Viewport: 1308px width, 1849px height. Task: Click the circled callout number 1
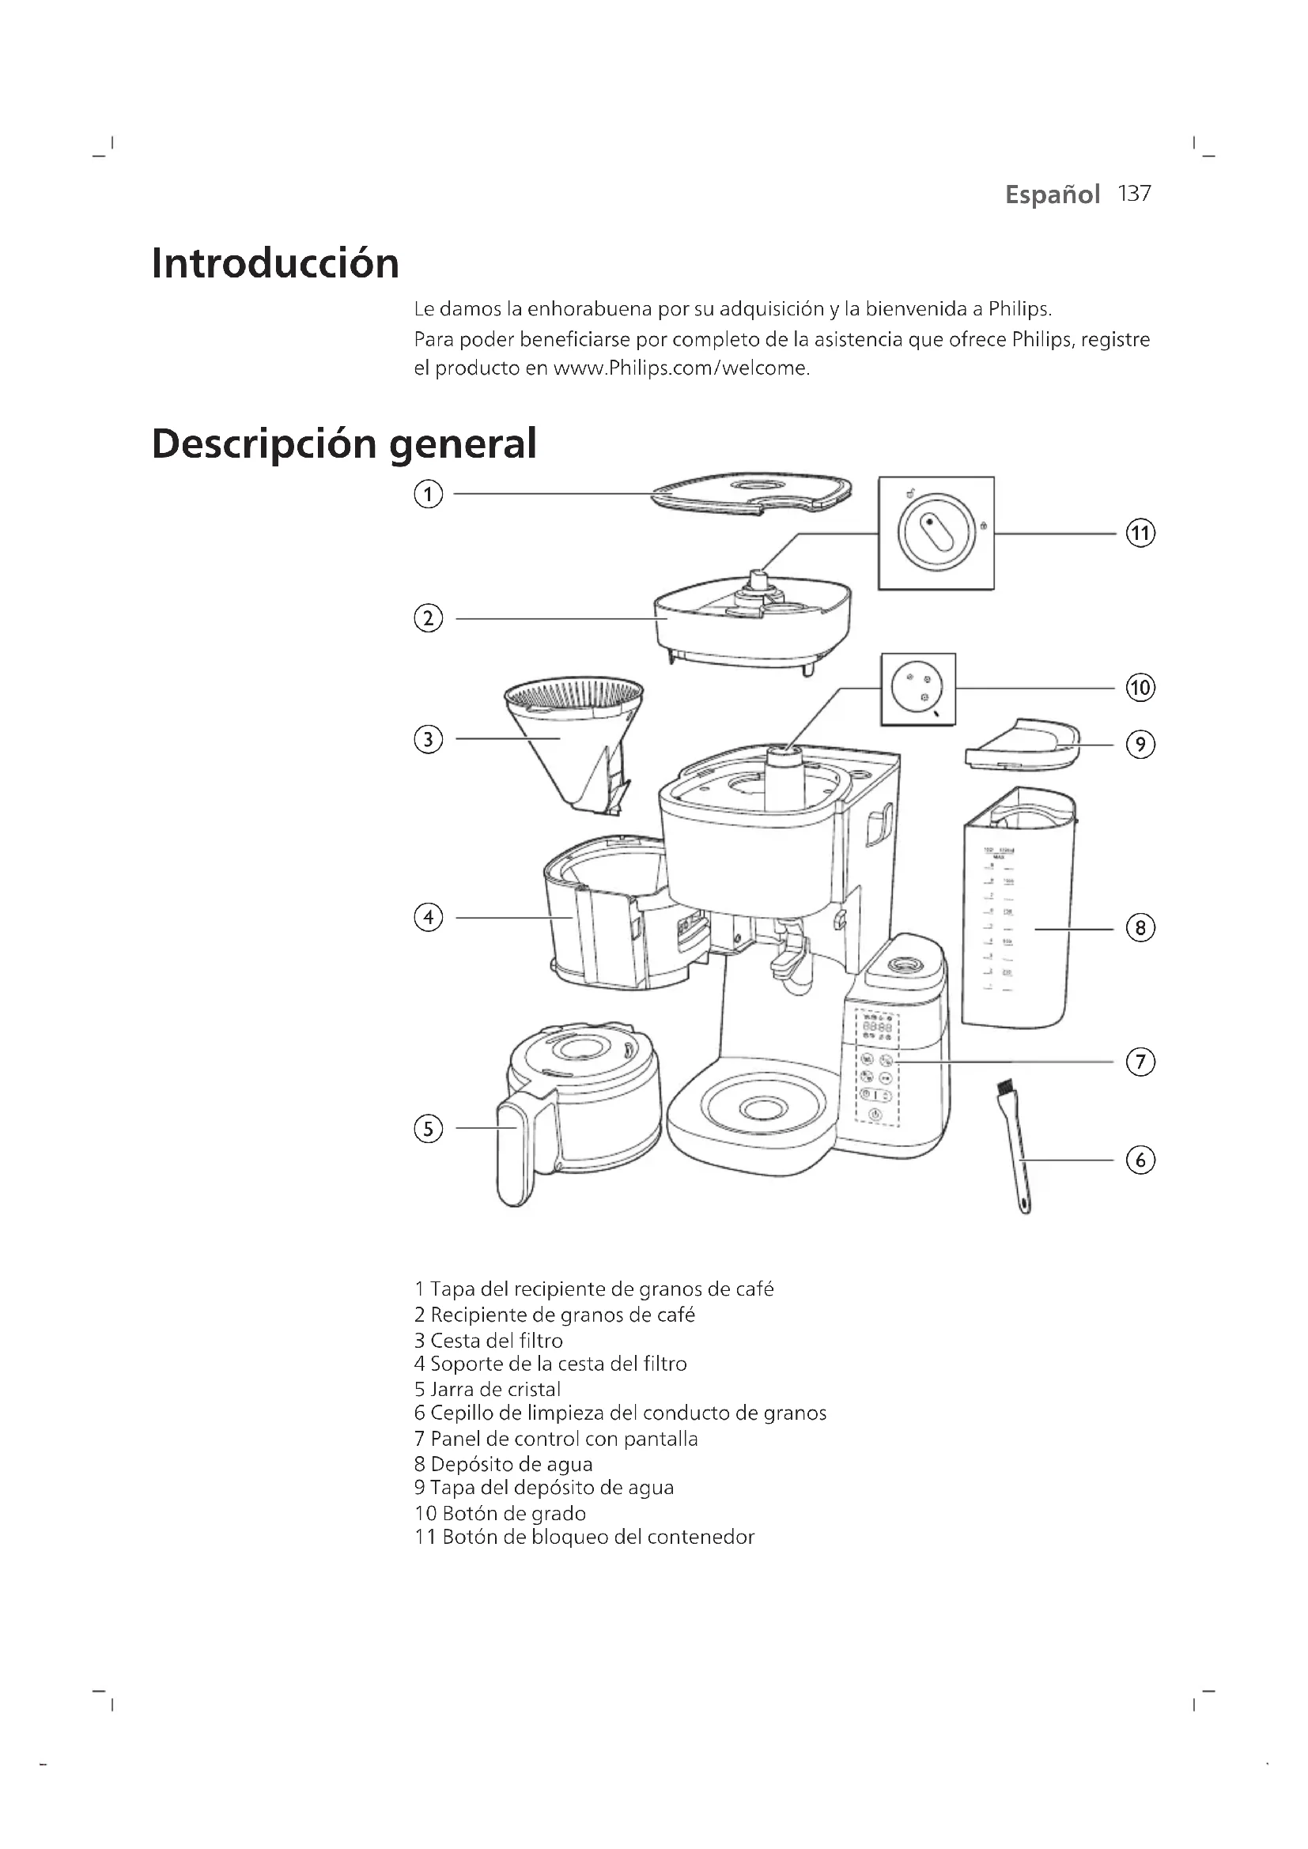coord(428,493)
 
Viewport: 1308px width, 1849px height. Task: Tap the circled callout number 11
coord(1140,533)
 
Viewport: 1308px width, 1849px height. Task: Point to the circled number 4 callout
coord(428,917)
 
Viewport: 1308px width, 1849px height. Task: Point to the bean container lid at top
coord(751,492)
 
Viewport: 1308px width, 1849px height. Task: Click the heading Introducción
coord(275,263)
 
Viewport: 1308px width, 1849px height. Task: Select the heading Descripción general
coord(344,443)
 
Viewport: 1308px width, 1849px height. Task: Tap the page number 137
coord(1134,194)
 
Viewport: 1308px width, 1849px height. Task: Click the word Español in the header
coord(1052,195)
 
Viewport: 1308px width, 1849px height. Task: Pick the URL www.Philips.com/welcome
coord(681,369)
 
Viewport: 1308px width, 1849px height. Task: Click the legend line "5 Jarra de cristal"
coord(487,1389)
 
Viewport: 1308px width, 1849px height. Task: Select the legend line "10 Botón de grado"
coord(500,1513)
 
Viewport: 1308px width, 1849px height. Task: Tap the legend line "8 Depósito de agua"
coord(504,1464)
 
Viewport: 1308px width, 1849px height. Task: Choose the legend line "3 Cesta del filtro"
coord(488,1341)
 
